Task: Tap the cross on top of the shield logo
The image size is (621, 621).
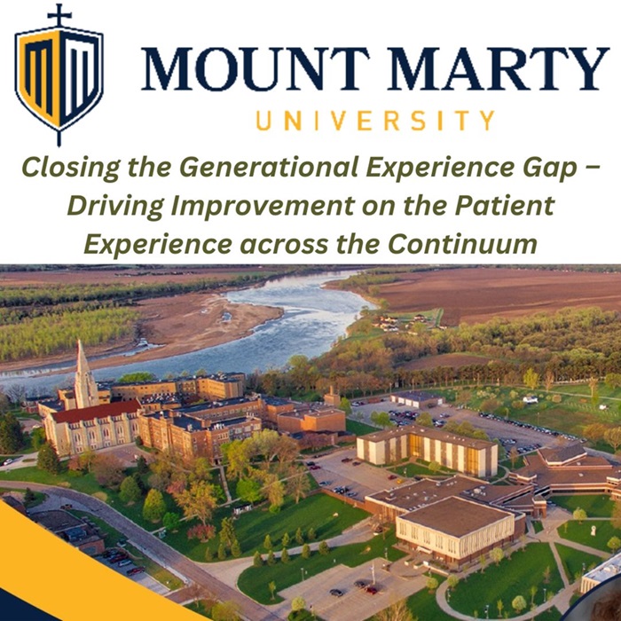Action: [x=59, y=15]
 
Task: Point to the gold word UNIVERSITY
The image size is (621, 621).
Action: [x=375, y=120]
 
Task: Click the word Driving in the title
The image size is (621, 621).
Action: [x=115, y=207]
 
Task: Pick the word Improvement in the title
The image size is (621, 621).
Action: [x=263, y=207]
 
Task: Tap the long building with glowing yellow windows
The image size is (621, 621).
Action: [x=427, y=451]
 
